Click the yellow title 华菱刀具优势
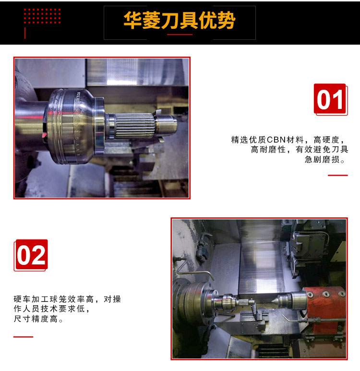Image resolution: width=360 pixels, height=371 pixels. [180, 20]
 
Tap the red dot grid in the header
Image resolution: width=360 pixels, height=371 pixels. [42, 16]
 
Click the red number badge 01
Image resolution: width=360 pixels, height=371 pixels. [331, 99]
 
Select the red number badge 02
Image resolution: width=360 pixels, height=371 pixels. [31, 255]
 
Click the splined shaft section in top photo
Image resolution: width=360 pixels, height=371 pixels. [134, 125]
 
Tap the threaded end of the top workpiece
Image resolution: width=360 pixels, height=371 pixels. [166, 125]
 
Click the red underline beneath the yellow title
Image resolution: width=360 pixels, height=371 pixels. [180, 35]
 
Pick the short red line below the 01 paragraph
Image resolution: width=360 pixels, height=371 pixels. [338, 175]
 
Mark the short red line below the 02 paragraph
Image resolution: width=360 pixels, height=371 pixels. [23, 337]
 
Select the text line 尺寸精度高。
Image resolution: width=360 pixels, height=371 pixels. [38, 319]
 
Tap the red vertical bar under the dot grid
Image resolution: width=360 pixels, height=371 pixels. [25, 33]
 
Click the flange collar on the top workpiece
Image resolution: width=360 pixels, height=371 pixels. [99, 126]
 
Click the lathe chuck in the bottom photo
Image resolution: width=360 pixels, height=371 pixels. [194, 301]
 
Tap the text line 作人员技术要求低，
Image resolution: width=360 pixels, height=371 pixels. [51, 309]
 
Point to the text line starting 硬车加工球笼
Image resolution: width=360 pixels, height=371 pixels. [67, 299]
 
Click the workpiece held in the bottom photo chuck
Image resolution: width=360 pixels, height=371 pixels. [233, 302]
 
